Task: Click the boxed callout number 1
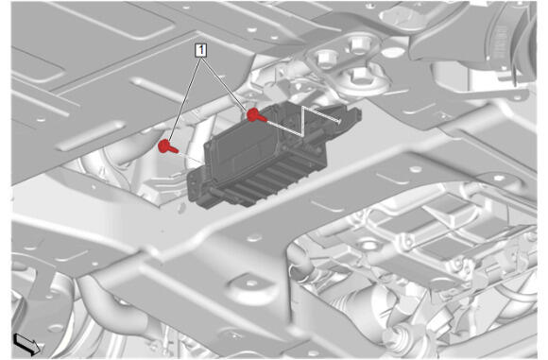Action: pyautogui.click(x=201, y=51)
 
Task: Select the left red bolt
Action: pyautogui.click(x=167, y=146)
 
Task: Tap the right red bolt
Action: pyautogui.click(x=256, y=115)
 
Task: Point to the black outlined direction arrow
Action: pyautogui.click(x=27, y=343)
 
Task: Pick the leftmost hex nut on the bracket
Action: pyautogui.click(x=326, y=58)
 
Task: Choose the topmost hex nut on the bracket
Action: pyautogui.click(x=359, y=43)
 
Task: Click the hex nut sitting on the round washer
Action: pyautogui.click(x=361, y=75)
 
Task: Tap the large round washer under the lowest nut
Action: pyautogui.click(x=364, y=82)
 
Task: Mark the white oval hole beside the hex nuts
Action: pyautogui.click(x=393, y=53)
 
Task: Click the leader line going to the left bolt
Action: pyautogui.click(x=184, y=98)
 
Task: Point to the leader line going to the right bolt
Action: pyautogui.click(x=225, y=83)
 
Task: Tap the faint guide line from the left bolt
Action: pyautogui.click(x=192, y=157)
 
